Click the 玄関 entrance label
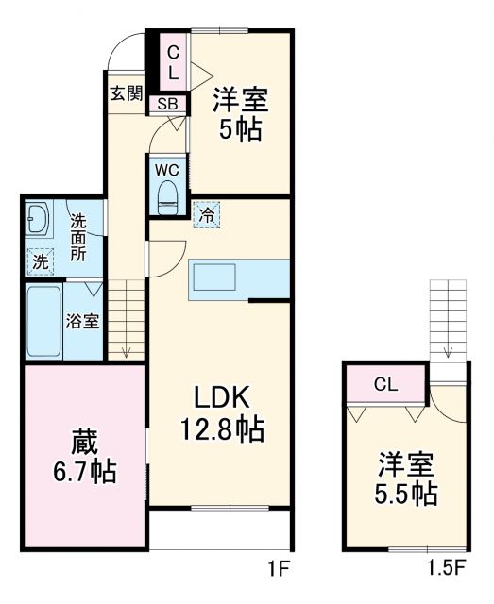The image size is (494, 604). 124,93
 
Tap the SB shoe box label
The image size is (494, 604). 167,104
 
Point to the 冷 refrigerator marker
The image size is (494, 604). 205,214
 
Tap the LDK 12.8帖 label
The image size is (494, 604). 222,413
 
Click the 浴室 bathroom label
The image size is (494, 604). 81,321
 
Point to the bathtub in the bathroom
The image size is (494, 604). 43,321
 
